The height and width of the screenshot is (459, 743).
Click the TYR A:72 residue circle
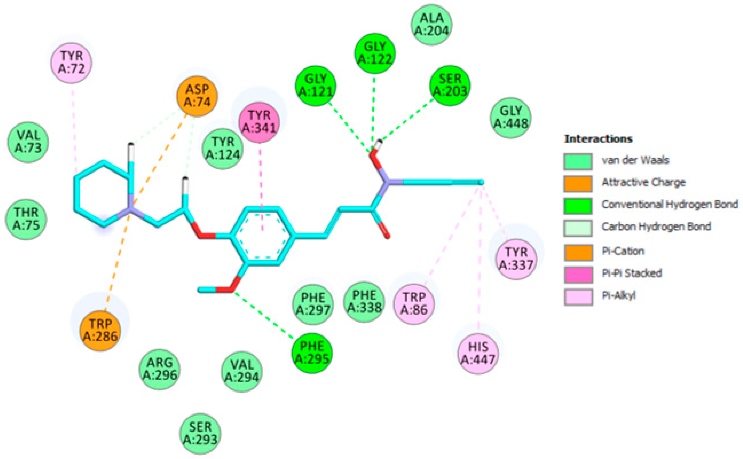[x=71, y=62]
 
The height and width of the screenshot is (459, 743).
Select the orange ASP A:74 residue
[x=197, y=96]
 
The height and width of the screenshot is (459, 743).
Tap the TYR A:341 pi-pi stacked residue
[x=259, y=122]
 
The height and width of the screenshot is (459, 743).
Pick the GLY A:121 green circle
[x=316, y=86]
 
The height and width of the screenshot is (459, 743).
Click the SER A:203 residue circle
[x=450, y=86]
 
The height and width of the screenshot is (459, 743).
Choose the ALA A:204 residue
[x=431, y=25]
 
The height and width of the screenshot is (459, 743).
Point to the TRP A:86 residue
[x=414, y=303]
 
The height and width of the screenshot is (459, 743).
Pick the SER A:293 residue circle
[x=200, y=434]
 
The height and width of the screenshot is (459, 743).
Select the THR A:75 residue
[x=26, y=219]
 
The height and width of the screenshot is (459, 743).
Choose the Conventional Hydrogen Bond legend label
[x=670, y=205]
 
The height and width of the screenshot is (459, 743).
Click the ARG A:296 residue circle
[x=160, y=369]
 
